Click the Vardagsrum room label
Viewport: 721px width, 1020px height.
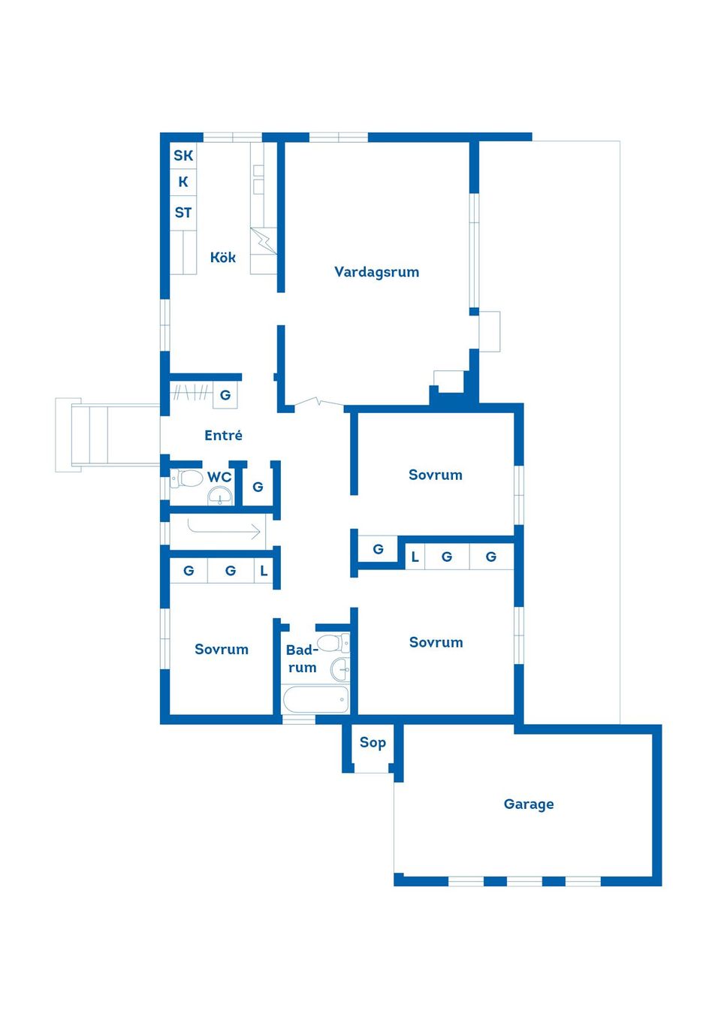[376, 272]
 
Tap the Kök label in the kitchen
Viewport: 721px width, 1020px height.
[223, 258]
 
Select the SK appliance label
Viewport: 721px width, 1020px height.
[183, 155]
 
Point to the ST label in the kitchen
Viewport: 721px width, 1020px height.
[183, 213]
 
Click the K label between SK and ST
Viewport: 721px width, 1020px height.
[183, 182]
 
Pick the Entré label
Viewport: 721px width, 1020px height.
[223, 435]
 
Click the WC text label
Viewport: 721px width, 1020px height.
[219, 477]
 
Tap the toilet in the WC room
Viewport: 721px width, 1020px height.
[187, 478]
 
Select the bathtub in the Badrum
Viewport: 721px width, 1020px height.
[315, 699]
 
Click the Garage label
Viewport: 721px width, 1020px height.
[529, 804]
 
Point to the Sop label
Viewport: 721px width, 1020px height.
[373, 742]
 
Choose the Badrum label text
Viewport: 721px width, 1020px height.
[302, 659]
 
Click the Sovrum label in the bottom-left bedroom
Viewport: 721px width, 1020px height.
[222, 649]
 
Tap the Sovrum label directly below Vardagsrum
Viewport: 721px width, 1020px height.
[436, 475]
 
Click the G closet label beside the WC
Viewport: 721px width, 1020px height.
[258, 487]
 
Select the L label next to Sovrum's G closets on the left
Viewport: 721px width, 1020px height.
[264, 571]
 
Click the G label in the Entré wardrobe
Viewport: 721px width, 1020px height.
[225, 394]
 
